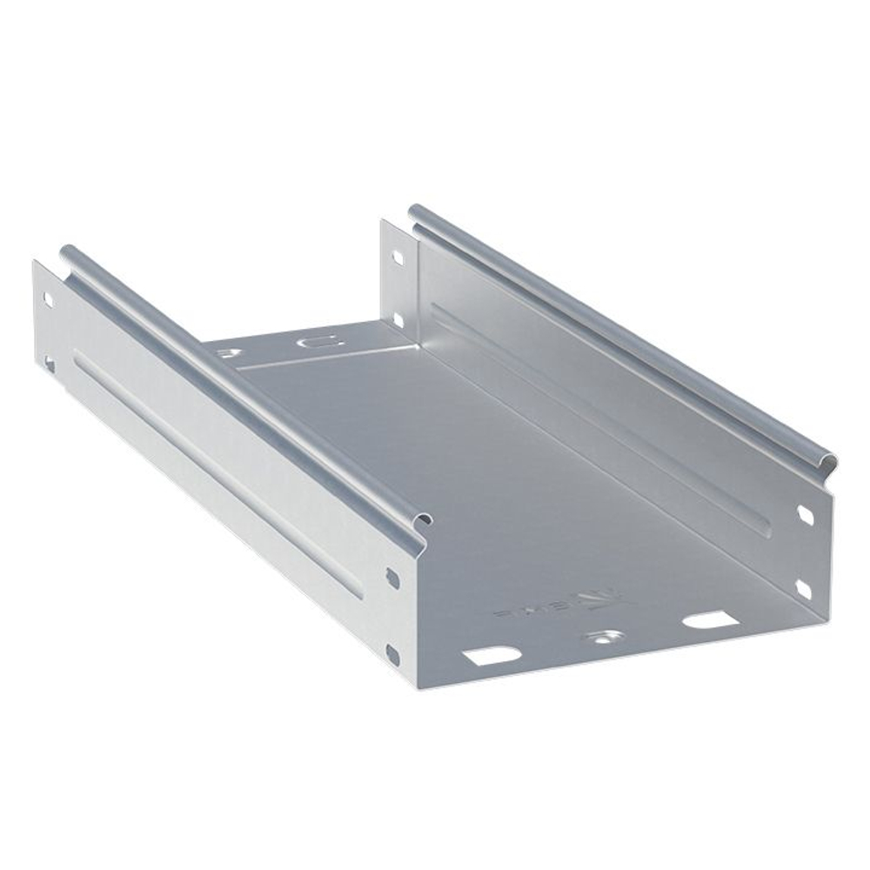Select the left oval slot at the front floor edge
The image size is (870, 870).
[491, 655]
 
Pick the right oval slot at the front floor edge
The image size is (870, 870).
[709, 620]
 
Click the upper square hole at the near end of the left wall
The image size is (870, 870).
[392, 576]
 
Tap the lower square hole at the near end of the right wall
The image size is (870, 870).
[804, 590]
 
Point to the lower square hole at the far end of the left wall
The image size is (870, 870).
[50, 363]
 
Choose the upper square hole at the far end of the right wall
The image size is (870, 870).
[398, 258]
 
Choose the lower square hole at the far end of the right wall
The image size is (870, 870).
[398, 320]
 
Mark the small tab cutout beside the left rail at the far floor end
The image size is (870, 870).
[230, 352]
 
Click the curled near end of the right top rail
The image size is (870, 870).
[827, 465]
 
